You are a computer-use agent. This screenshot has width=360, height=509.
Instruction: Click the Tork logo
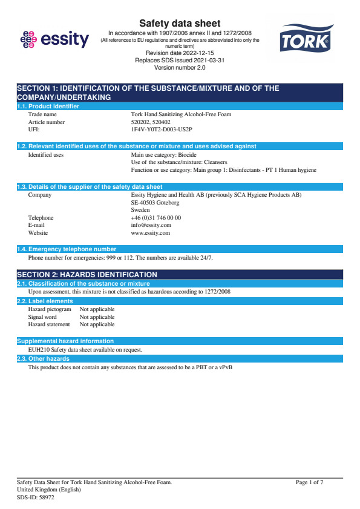click(x=304, y=39)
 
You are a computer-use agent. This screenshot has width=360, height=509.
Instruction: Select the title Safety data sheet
click(x=180, y=24)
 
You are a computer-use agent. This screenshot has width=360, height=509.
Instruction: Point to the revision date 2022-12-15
click(x=180, y=53)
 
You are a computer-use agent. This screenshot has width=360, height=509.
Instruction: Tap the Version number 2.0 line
click(x=180, y=67)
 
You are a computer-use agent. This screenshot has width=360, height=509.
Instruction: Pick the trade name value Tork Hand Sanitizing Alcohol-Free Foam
click(x=181, y=114)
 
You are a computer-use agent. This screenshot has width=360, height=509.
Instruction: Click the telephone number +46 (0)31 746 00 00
click(x=155, y=217)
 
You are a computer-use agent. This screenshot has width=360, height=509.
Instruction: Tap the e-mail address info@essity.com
click(x=151, y=225)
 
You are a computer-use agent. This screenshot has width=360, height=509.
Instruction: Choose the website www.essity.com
click(x=150, y=233)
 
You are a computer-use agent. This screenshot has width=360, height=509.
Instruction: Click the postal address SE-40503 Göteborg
click(x=155, y=203)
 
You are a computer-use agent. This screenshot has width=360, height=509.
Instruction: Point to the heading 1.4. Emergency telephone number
click(x=67, y=249)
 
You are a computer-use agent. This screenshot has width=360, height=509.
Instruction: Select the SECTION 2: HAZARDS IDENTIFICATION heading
click(x=87, y=275)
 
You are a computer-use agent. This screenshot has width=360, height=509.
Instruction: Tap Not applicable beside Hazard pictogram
click(x=97, y=309)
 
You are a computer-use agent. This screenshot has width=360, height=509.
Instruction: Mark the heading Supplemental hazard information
click(x=65, y=341)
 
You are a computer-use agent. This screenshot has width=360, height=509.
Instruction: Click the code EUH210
click(x=38, y=350)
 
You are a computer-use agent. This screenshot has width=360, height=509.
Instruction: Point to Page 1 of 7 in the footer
click(x=310, y=482)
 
